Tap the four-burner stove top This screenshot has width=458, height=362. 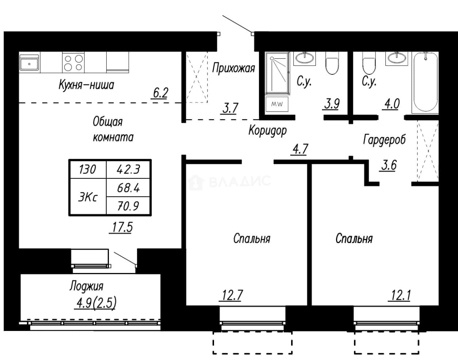click(73, 63)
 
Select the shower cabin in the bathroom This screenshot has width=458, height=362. click(278, 73)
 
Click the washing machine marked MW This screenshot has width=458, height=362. click(277, 104)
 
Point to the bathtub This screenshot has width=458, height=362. click(425, 82)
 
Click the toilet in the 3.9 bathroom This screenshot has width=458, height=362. click(332, 63)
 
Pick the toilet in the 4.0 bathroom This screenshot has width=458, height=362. click(369, 63)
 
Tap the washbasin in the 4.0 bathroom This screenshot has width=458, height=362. click(397, 58)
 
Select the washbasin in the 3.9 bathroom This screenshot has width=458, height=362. click(305, 58)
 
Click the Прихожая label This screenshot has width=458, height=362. click(233, 68)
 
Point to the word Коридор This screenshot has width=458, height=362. click(267, 130)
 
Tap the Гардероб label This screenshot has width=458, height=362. click(384, 140)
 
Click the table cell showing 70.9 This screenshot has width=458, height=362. click(128, 206)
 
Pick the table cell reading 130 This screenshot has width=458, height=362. click(87, 170)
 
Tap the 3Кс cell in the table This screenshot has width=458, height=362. click(88, 197)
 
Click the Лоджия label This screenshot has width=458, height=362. click(87, 286)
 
